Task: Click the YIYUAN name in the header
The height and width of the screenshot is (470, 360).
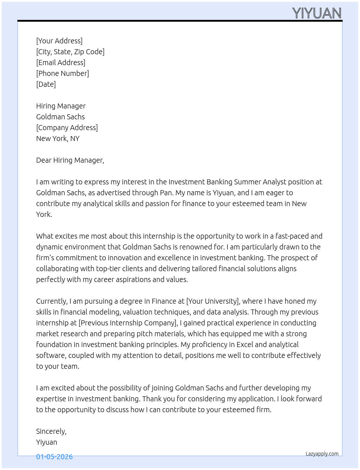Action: click(317, 13)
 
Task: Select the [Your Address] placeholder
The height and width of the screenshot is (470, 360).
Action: click(59, 41)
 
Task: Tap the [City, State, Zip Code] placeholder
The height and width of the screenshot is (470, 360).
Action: click(70, 52)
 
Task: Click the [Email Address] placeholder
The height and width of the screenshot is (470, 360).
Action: click(61, 63)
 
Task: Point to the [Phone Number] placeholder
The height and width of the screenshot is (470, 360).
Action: click(63, 73)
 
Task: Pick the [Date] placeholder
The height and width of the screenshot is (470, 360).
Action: click(46, 84)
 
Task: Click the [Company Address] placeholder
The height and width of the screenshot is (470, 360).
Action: click(67, 128)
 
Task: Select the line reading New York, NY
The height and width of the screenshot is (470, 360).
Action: click(58, 138)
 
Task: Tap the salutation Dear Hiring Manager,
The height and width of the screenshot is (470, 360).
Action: click(70, 160)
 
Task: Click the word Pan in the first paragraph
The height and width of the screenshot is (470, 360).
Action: click(166, 193)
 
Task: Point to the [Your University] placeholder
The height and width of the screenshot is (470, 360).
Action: click(213, 301)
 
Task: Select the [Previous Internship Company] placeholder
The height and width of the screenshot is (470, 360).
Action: click(128, 323)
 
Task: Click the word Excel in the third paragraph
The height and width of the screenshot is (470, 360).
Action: click(245, 345)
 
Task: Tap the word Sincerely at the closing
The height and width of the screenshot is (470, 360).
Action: click(51, 431)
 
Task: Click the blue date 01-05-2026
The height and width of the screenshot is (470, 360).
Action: click(55, 457)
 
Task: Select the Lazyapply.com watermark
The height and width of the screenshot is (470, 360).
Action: click(322, 454)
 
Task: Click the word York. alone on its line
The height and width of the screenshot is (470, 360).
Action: click(44, 214)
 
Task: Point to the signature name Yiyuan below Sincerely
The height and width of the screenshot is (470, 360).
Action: click(47, 442)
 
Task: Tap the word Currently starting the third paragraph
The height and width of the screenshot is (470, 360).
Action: click(51, 301)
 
